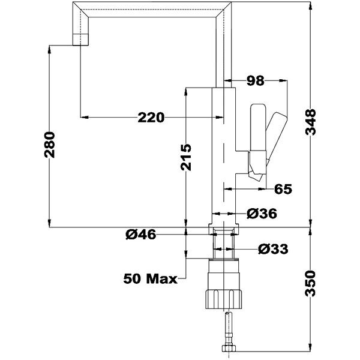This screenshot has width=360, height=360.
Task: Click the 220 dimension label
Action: point(151,118)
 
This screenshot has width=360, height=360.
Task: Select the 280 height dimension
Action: point(50,145)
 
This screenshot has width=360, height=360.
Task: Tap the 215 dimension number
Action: point(186,157)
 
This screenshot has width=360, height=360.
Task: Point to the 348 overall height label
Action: point(310,122)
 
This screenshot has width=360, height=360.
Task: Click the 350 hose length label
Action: point(310,284)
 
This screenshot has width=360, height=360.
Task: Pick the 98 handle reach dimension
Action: point(256,81)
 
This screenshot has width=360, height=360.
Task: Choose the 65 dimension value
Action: point(283,189)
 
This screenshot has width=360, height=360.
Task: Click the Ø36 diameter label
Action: point(262,214)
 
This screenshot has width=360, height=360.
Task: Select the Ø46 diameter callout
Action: point(141,235)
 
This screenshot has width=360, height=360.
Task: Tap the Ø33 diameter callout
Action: point(273,249)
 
